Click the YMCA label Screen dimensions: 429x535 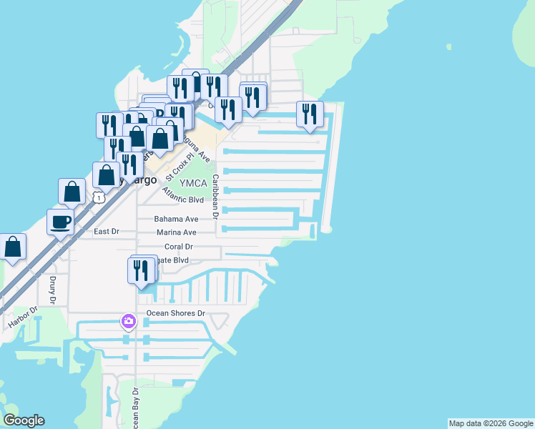click(193, 183)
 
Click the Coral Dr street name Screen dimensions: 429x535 click(179, 247)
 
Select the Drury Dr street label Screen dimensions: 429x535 click(53, 290)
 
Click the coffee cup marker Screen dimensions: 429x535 click(60, 222)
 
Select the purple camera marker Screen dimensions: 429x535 click(128, 321)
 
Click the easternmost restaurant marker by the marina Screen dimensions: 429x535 click(310, 114)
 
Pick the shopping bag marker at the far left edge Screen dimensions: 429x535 click(13, 247)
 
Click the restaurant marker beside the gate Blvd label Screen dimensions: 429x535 click(140, 271)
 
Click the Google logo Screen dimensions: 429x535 click(24, 420)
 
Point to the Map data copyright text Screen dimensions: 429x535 click(491, 423)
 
